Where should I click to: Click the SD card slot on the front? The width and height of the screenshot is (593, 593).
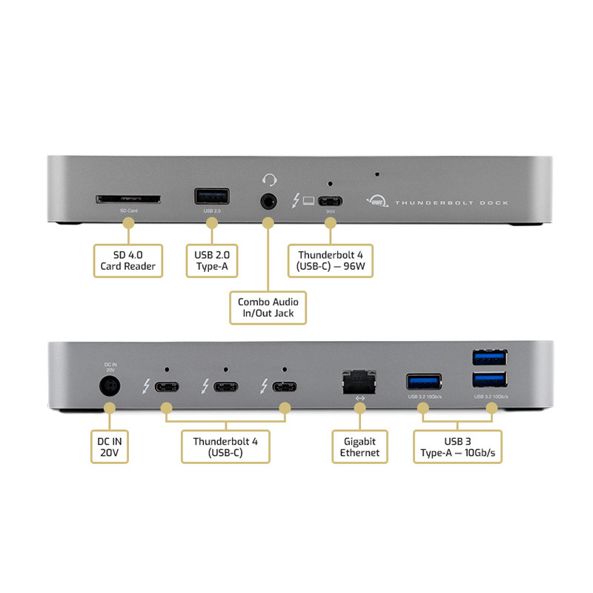128,199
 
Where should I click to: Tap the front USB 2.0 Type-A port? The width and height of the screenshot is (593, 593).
211,197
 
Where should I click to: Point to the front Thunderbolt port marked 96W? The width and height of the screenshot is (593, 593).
331,200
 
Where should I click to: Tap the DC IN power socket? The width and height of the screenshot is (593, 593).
111,386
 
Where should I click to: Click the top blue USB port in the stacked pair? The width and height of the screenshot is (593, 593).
489,357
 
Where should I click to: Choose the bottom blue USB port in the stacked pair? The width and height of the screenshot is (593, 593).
489,380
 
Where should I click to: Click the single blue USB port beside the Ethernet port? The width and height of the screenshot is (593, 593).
424,382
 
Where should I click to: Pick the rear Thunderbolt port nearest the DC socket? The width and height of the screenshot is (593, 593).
167,386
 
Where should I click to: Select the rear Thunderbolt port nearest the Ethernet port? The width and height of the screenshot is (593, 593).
284,386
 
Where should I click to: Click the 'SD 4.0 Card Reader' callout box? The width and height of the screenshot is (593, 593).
128,260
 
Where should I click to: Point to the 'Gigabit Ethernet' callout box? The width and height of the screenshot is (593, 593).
360,446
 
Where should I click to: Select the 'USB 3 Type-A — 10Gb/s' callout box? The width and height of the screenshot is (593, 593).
457,446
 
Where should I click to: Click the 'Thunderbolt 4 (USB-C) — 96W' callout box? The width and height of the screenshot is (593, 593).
331,260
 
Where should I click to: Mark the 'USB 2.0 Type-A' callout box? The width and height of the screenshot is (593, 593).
211,260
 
